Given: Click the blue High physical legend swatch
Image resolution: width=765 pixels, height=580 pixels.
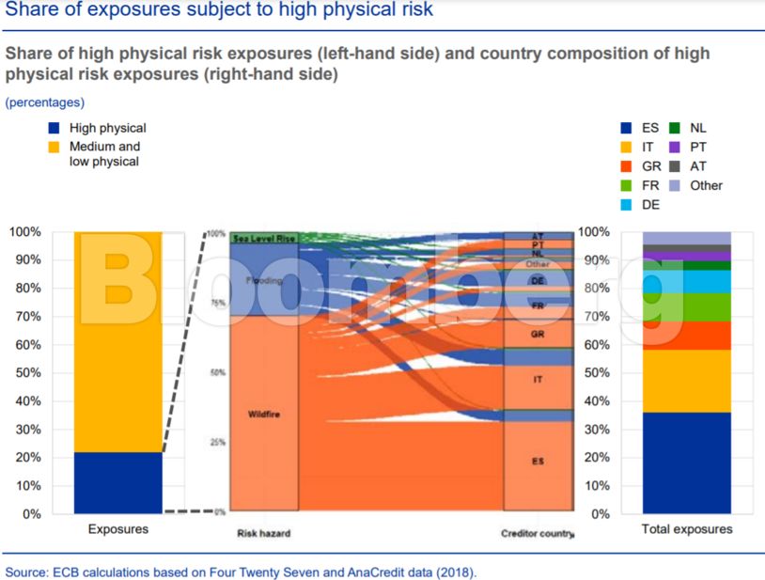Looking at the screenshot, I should click(x=54, y=128).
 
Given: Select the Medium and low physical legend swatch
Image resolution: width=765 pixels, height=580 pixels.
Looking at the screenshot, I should click(x=54, y=147).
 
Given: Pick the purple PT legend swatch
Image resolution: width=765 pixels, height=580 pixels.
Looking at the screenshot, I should click(x=674, y=147).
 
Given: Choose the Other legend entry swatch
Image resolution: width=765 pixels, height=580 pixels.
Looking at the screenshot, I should click(x=674, y=185).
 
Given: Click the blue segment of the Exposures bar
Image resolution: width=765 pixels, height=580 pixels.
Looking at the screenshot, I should click(x=117, y=482).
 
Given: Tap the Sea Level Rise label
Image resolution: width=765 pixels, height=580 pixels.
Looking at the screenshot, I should click(x=264, y=239).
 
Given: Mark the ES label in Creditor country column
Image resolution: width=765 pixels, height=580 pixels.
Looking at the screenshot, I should click(x=537, y=462).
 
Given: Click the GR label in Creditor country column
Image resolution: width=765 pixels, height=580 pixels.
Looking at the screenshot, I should click(x=537, y=334).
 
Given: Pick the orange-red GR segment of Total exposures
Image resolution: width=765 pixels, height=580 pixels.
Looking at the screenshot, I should click(x=686, y=335).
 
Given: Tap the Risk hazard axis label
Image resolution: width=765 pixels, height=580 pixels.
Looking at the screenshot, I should click(x=263, y=533).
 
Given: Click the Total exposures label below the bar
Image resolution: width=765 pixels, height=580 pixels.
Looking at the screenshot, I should click(x=686, y=529).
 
